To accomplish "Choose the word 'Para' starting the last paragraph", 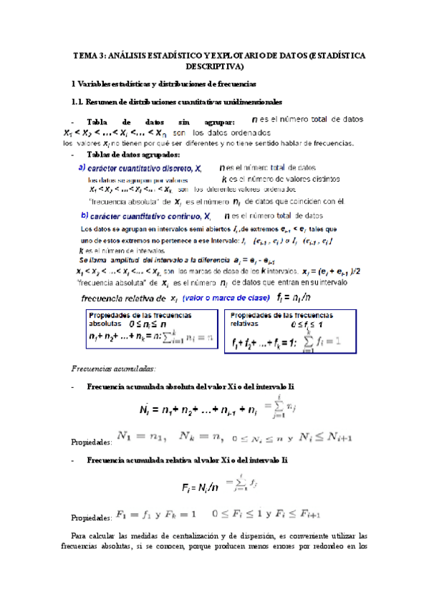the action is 82,535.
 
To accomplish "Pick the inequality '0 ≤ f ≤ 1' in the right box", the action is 313,326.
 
